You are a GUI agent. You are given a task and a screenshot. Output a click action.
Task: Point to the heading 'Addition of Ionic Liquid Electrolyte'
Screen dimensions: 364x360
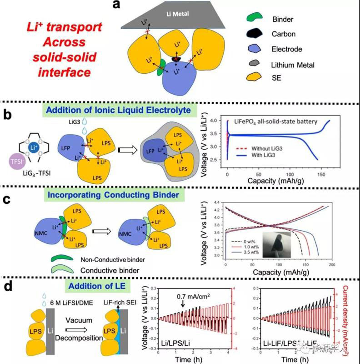tap(120, 110)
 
